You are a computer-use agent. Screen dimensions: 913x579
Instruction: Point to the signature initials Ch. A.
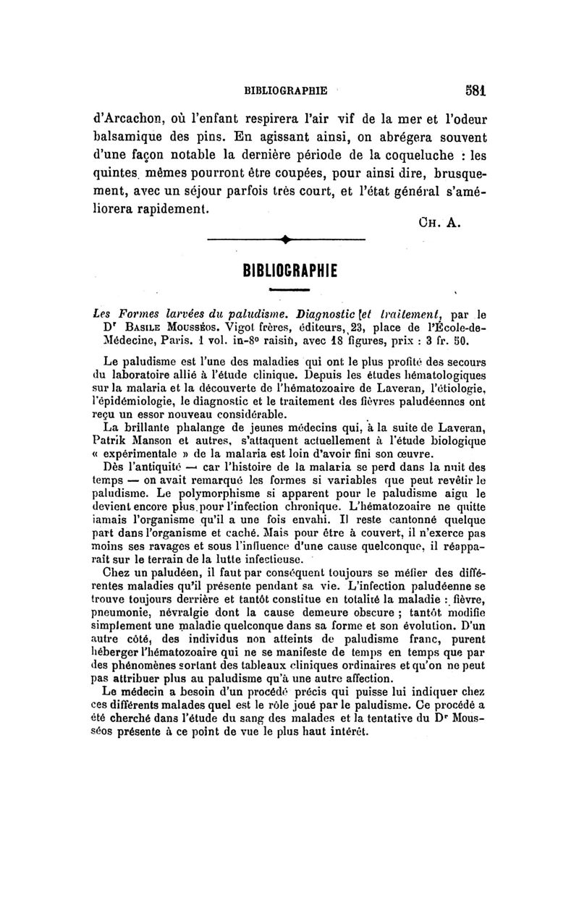tap(441, 224)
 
